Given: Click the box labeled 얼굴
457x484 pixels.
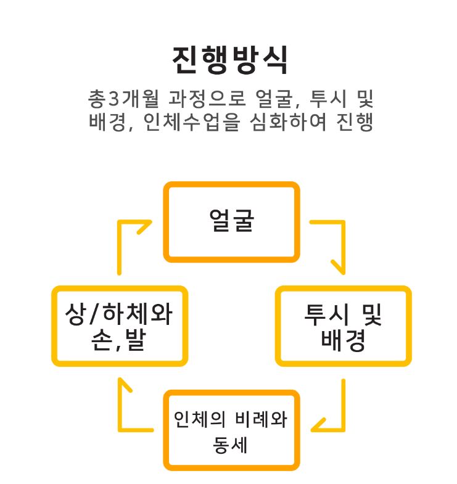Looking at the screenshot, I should [231, 221].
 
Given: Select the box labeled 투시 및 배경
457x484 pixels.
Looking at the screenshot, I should [343, 326].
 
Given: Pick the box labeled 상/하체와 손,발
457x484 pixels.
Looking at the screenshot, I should [120, 326].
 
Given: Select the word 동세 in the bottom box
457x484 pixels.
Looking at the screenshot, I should [231, 445].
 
